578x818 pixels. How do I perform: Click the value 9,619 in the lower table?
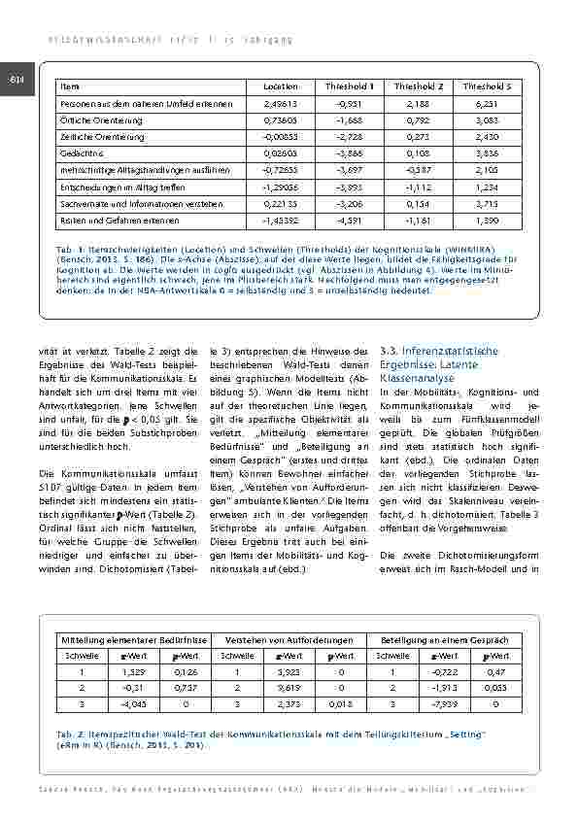[x=289, y=688]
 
